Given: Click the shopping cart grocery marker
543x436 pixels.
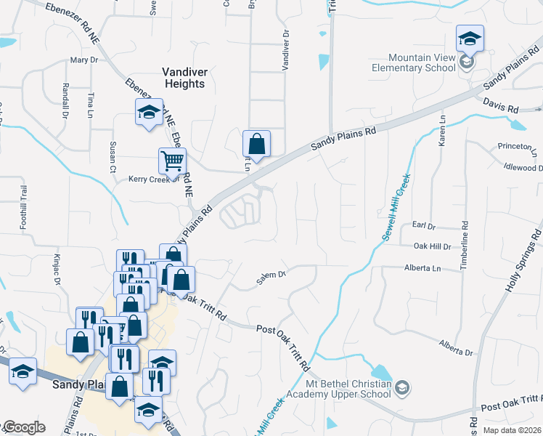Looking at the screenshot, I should click(173, 161).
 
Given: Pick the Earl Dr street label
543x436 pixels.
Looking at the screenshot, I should click(422, 226).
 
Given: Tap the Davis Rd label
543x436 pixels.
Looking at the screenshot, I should click(501, 107).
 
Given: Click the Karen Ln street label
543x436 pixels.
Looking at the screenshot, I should click(441, 132).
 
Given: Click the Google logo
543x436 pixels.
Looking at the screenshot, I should click(24, 427).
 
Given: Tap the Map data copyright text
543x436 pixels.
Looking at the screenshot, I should click(513, 430).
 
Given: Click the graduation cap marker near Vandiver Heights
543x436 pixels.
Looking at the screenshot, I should click(149, 112).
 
